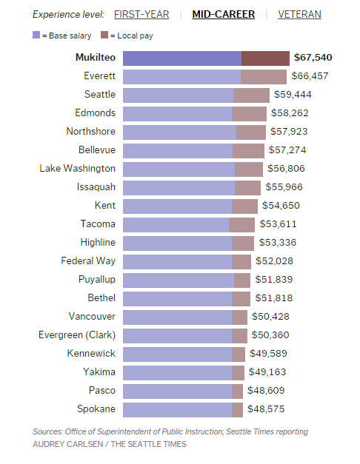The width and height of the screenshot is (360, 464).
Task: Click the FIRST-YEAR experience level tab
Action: click(141, 14)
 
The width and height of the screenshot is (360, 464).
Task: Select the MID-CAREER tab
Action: click(224, 14)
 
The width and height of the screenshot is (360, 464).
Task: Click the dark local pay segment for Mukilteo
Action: click(265, 58)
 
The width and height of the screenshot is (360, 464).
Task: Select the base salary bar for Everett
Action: click(181, 76)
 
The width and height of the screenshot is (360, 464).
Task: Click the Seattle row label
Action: click(100, 95)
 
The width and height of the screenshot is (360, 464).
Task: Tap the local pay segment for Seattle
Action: click(251, 95)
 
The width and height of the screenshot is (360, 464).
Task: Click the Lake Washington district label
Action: click(78, 169)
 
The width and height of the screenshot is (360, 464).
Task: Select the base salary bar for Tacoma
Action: click(176, 224)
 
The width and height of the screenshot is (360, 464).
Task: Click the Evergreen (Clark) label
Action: click(77, 335)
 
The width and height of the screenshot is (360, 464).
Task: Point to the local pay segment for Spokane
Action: click(237, 409)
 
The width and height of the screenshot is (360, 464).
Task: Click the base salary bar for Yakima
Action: click(177, 372)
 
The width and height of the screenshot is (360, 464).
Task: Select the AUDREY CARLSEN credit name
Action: click(65, 444)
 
